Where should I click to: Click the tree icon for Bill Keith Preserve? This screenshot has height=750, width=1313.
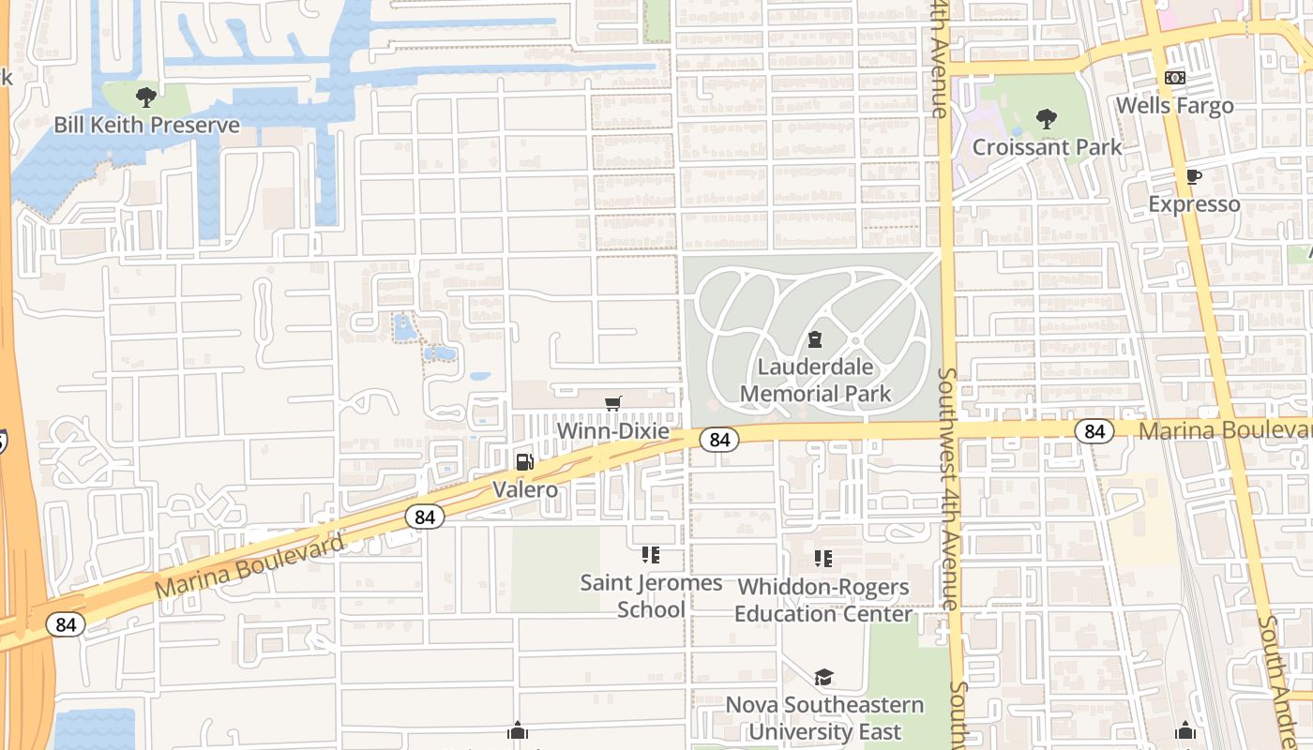pyautogui.click(x=145, y=97)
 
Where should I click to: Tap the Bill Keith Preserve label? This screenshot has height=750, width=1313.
pyautogui.click(x=146, y=125)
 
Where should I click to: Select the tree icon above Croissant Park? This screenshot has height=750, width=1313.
pyautogui.click(x=1047, y=119)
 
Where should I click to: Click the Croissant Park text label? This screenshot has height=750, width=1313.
pyautogui.click(x=1047, y=147)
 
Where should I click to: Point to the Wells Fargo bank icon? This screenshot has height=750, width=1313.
pyautogui.click(x=1174, y=77)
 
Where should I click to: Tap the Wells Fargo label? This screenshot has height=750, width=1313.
pyautogui.click(x=1174, y=105)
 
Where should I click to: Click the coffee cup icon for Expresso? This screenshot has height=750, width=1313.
pyautogui.click(x=1193, y=176)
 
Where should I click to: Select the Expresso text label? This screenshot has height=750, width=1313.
pyautogui.click(x=1194, y=204)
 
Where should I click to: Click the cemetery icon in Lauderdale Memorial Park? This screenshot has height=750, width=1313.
pyautogui.click(x=815, y=339)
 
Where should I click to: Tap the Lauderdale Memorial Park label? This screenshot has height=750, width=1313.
pyautogui.click(x=815, y=380)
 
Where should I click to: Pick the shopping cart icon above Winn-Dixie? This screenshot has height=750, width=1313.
pyautogui.click(x=613, y=403)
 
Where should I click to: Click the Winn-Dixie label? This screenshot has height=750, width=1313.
pyautogui.click(x=613, y=431)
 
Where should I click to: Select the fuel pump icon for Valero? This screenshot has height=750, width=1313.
pyautogui.click(x=525, y=461)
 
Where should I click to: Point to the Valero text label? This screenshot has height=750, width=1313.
pyautogui.click(x=525, y=489)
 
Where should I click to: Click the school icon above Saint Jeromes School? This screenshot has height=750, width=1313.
pyautogui.click(x=651, y=555)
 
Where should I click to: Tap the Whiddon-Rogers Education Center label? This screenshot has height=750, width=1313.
pyautogui.click(x=823, y=600)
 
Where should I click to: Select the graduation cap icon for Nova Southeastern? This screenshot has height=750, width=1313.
pyautogui.click(x=823, y=677)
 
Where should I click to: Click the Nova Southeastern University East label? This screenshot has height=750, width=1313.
pyautogui.click(x=824, y=718)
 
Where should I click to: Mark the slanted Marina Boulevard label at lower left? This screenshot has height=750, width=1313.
pyautogui.click(x=249, y=566)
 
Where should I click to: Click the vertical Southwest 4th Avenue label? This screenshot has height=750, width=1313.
pyautogui.click(x=949, y=487)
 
